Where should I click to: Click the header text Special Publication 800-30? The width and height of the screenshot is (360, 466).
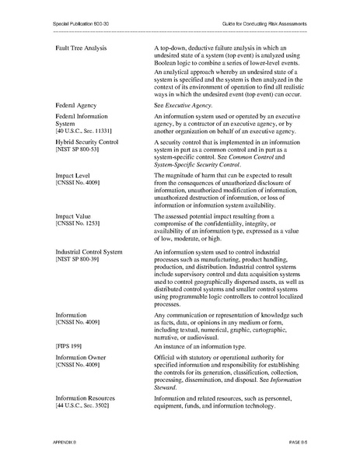coord(80,26)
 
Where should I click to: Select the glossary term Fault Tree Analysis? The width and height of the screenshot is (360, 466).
coord(87,49)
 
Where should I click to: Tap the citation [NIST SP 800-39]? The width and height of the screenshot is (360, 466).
coord(79,261)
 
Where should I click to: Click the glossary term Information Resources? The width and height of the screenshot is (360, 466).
coord(90,398)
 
